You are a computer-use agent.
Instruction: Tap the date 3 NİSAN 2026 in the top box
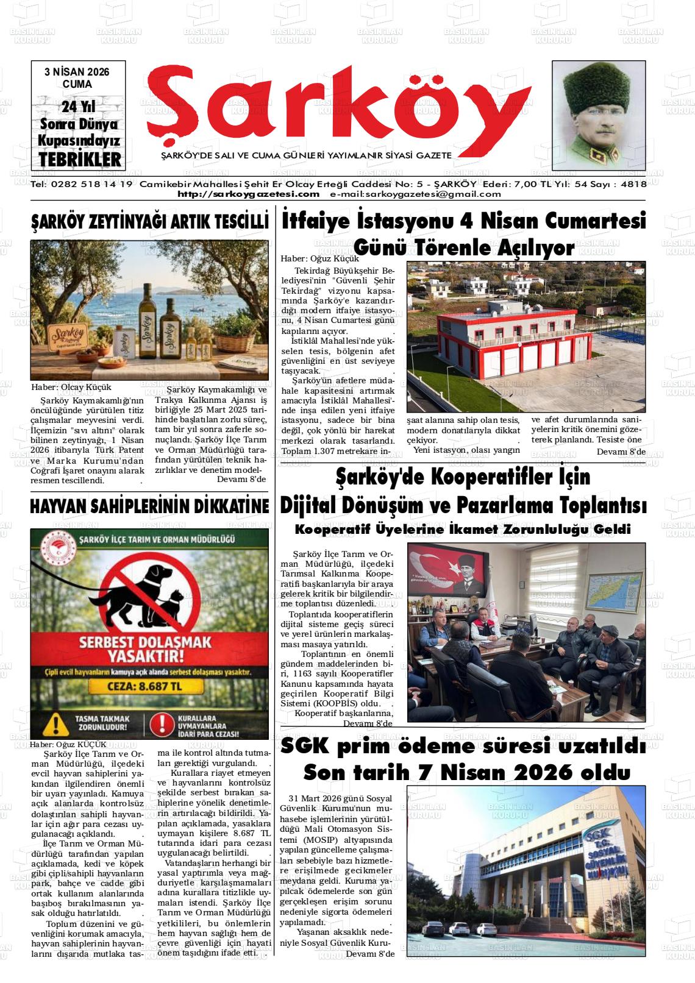[77, 72]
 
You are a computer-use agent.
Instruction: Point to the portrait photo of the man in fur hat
[598, 116]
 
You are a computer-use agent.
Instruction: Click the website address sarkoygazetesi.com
[248, 194]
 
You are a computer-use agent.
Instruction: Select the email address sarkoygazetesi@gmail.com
[415, 194]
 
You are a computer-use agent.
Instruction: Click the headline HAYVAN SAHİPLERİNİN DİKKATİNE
[150, 506]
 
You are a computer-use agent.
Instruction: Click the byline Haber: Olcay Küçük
[71, 387]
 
